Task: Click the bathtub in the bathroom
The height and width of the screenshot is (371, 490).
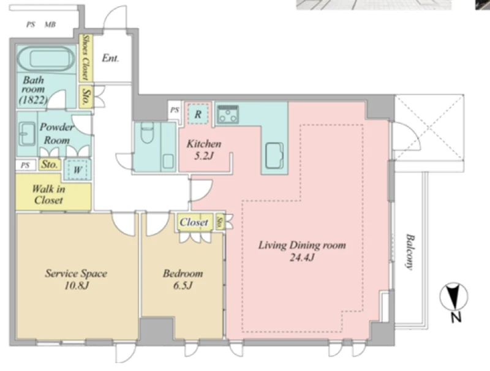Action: click(46, 59)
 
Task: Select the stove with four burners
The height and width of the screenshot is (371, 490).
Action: click(228, 114)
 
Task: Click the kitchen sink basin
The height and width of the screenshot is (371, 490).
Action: click(274, 156)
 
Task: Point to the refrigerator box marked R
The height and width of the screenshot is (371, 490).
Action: click(198, 114)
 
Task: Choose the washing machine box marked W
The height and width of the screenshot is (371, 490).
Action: click(78, 170)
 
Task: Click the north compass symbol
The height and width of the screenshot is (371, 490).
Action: click(454, 297)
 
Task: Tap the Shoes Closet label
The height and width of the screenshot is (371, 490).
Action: click(85, 58)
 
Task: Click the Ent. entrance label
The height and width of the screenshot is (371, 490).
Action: click(110, 58)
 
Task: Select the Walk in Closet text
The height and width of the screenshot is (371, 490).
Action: click(48, 194)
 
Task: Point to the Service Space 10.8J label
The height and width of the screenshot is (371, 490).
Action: click(76, 279)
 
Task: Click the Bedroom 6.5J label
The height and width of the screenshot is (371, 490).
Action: click(183, 279)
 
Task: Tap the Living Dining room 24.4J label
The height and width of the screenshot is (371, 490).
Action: click(302, 251)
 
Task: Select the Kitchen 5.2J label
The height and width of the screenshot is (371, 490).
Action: click(204, 149)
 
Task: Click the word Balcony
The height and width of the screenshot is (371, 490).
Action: click(409, 252)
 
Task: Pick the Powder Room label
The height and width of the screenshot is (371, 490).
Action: click(56, 133)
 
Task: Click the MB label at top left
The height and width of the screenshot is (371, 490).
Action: click(50, 24)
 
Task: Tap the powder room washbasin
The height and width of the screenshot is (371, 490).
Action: click(27, 134)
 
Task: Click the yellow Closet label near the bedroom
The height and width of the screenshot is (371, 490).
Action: click(194, 222)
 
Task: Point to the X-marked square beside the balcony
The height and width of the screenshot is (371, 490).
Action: click(429, 127)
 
